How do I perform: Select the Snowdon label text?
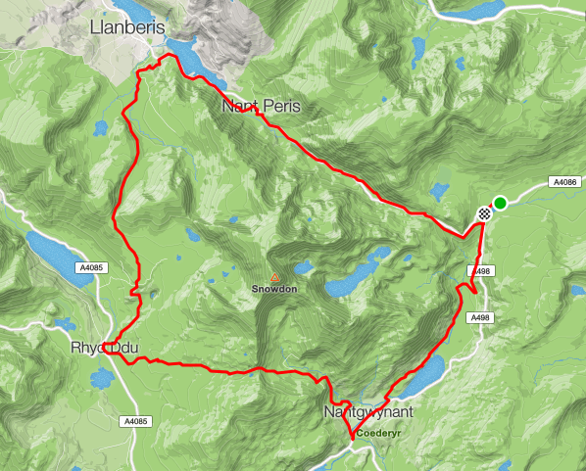273,290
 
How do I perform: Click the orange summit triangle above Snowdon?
274,278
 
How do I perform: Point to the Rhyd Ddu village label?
106,349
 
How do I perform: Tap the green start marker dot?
500,203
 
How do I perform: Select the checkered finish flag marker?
484,213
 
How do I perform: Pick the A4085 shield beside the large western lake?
90,266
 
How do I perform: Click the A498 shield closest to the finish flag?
479,271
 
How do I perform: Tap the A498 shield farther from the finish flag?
479,318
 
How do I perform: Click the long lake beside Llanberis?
201,60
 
